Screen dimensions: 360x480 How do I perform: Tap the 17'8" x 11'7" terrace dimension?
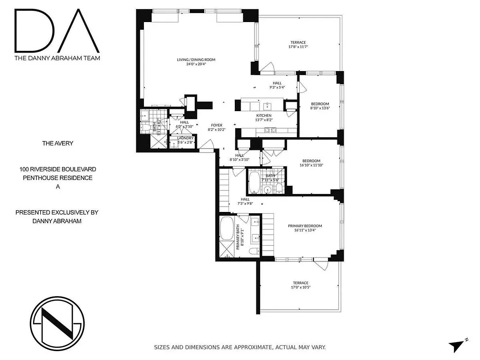pos(298,47)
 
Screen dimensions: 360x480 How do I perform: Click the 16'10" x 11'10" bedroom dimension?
pos(311,165)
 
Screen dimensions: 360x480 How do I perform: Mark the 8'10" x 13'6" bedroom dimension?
pos(319,108)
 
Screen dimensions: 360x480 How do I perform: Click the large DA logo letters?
pos(57,30)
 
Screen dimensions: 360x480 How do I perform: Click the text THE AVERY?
pos(58,144)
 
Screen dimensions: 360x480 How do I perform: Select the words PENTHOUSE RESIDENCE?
pos(58,178)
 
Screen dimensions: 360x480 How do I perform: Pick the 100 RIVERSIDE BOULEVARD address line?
pos(58,169)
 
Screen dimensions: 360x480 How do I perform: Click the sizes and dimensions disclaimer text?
pos(240,347)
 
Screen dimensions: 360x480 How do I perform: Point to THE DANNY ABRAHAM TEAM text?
pos(57,58)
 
